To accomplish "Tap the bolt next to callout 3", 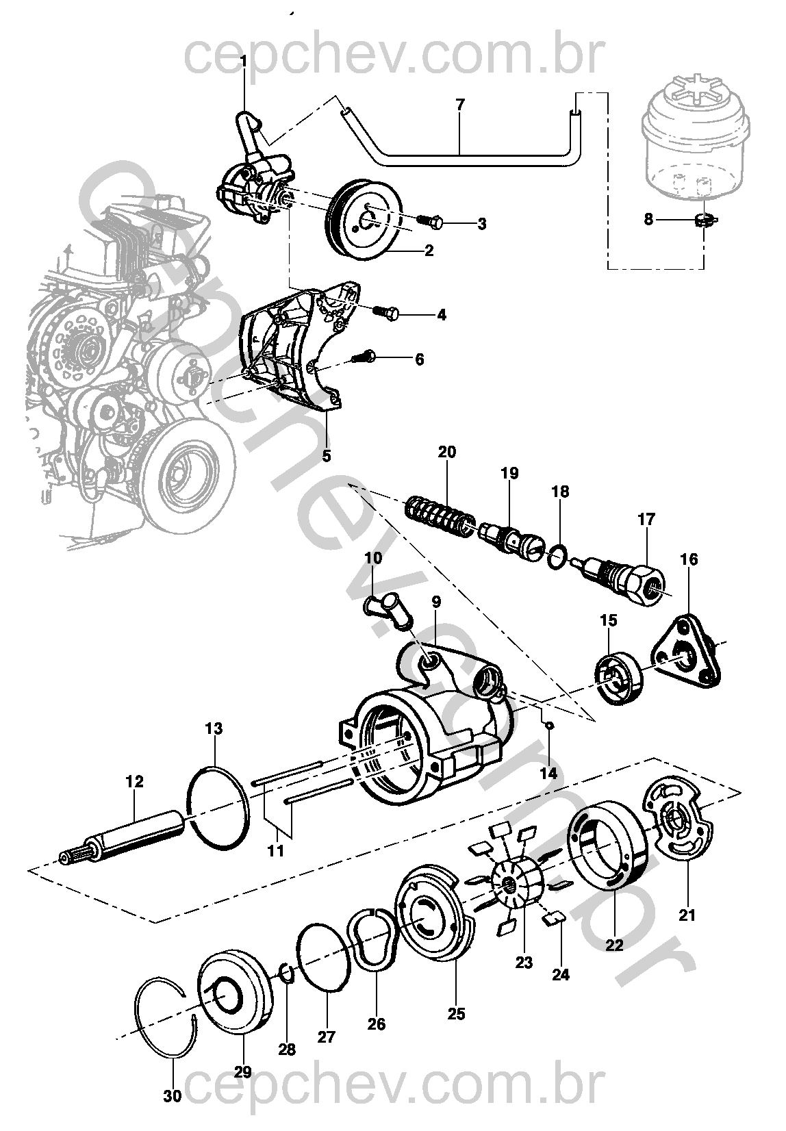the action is point(430,220).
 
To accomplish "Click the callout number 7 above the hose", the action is point(460,105).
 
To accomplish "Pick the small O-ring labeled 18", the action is point(558,557).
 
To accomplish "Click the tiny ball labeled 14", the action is point(550,726).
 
